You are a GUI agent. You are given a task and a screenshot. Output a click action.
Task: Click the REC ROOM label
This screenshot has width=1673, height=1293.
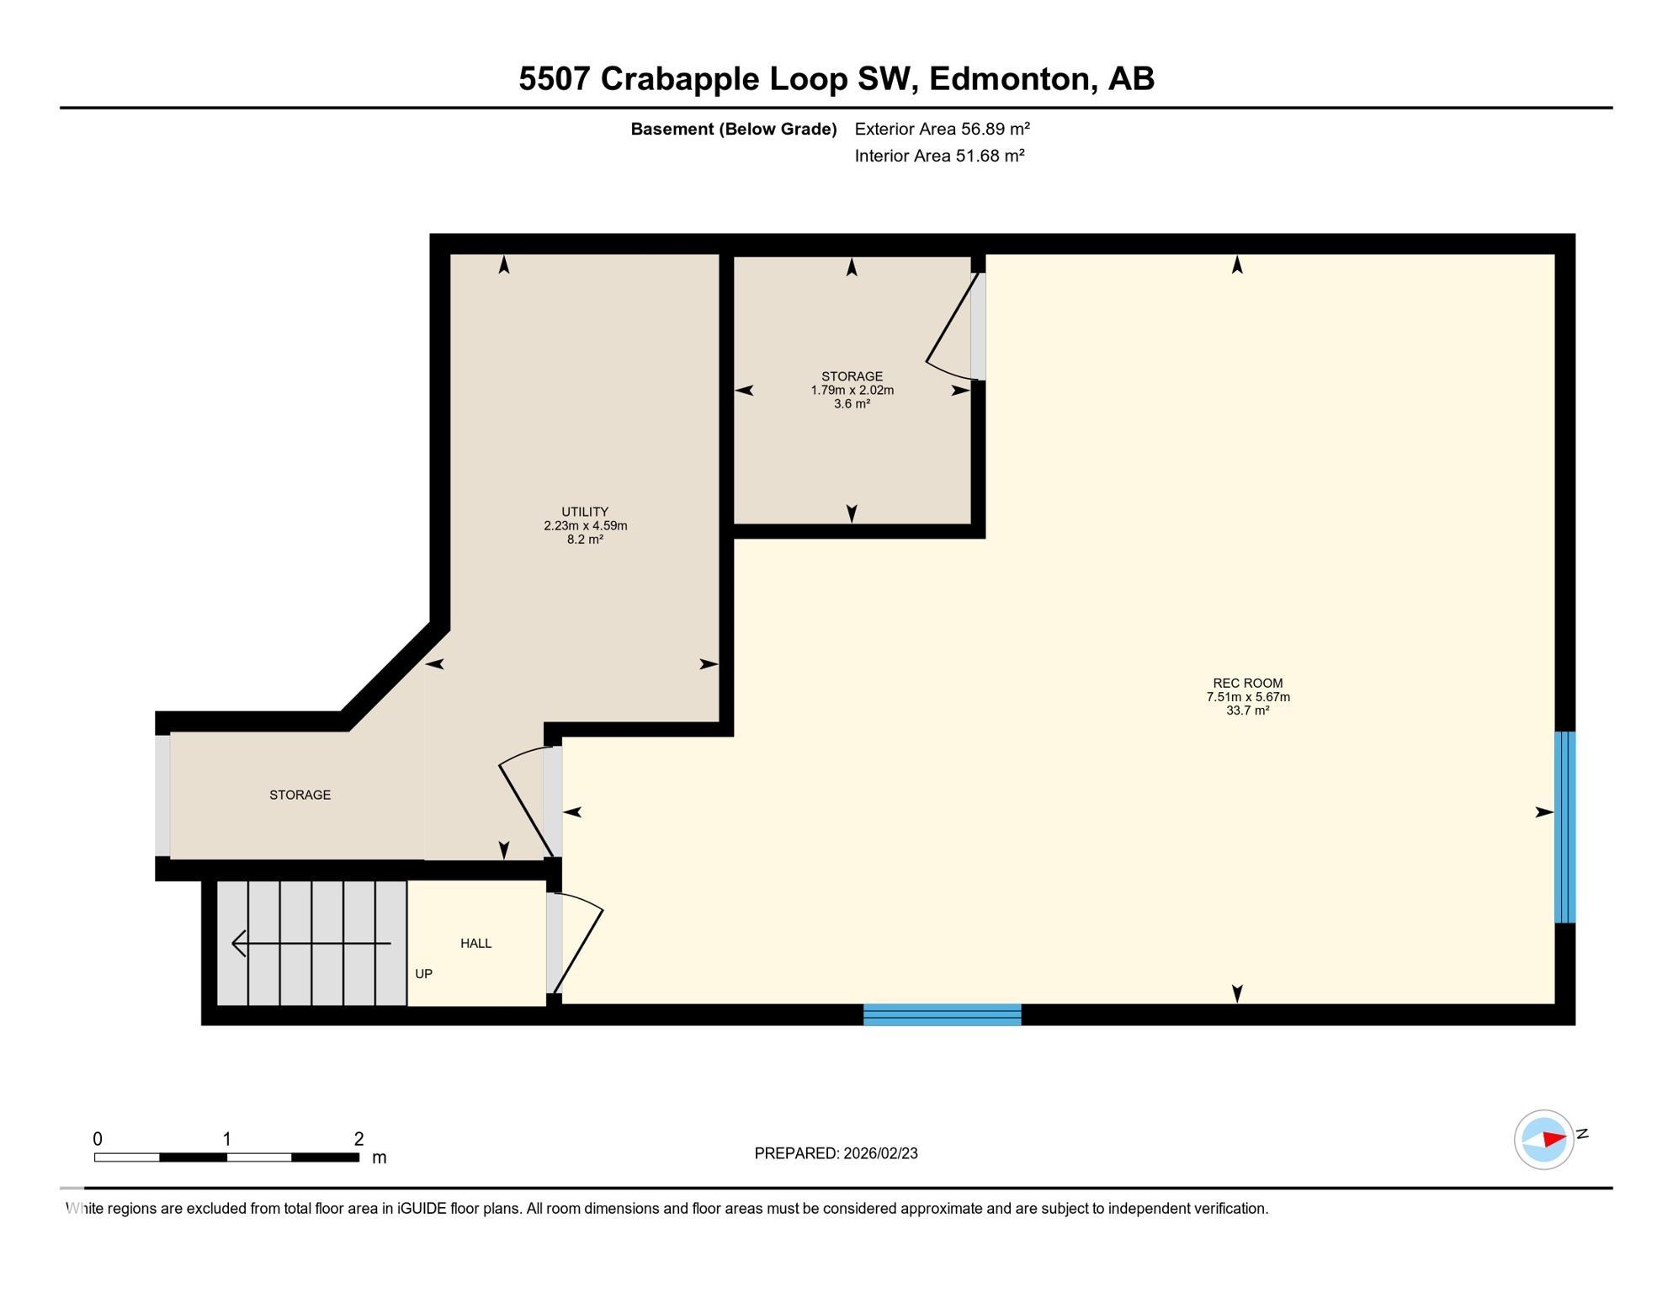click(x=1247, y=683)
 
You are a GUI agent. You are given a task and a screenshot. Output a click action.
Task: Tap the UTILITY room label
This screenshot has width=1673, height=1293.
click(x=585, y=512)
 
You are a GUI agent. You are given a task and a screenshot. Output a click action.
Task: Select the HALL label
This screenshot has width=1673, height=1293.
click(x=475, y=943)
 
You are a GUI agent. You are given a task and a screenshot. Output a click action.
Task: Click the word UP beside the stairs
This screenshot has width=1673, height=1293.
click(x=423, y=973)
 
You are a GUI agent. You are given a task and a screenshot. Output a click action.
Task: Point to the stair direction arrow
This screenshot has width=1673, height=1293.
click(x=311, y=943)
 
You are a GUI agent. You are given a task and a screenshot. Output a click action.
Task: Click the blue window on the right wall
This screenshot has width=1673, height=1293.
click(x=1564, y=827)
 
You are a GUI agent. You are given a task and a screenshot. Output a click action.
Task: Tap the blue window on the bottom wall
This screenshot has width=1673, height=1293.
click(x=942, y=1014)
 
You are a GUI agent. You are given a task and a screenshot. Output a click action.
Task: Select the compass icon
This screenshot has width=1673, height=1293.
click(x=1543, y=1139)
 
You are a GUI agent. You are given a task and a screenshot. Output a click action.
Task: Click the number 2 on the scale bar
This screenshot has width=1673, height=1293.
click(x=358, y=1139)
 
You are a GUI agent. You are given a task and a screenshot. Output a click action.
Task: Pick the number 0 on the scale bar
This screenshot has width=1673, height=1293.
click(x=98, y=1139)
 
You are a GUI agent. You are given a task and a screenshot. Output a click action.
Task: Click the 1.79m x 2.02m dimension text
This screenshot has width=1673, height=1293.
click(x=852, y=390)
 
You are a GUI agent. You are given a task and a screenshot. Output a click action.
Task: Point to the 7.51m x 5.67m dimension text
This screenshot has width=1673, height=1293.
click(x=1247, y=697)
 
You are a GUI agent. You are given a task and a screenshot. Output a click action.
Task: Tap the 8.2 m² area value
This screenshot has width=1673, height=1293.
click(x=585, y=540)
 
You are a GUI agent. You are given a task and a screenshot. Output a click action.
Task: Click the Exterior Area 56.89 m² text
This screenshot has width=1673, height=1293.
click(x=942, y=129)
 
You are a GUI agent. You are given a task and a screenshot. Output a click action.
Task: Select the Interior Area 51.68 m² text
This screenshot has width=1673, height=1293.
click(x=939, y=156)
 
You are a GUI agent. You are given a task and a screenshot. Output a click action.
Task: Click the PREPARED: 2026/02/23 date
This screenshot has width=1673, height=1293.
click(x=836, y=1153)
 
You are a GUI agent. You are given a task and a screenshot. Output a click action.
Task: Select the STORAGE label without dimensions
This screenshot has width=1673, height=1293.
click(x=300, y=795)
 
